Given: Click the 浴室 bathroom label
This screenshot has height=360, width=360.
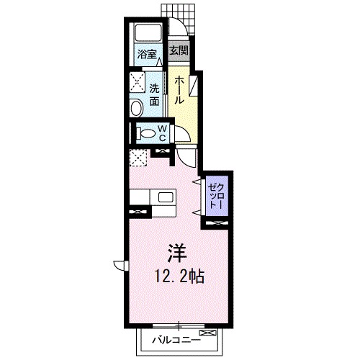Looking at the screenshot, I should point(148,53).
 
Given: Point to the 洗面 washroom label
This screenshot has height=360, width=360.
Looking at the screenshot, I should point(155,96).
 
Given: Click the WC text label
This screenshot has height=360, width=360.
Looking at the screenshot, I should point(163,132).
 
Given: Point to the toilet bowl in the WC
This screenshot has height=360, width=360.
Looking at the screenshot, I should point(146,133).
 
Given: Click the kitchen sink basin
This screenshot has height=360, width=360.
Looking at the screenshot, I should point(165,197).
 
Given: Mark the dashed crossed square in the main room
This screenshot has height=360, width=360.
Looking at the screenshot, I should point(138,158).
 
